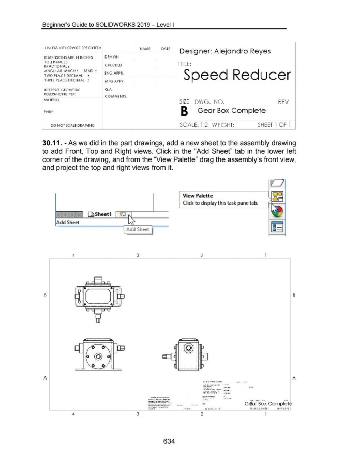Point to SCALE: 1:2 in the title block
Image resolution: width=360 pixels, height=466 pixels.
[x=196, y=124]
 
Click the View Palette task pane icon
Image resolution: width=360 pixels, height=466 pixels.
[x=275, y=196]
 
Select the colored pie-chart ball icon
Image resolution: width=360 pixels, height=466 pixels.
[x=275, y=212]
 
